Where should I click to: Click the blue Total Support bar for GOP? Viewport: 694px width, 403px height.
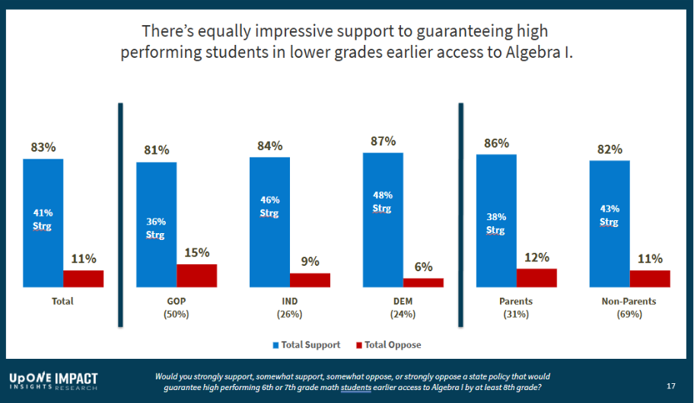point(156,224)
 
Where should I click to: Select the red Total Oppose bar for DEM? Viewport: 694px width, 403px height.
point(423,283)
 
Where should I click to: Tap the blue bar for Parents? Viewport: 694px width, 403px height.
point(496,221)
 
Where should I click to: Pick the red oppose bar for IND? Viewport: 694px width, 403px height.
point(310,280)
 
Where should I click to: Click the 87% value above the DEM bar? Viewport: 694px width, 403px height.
point(383,142)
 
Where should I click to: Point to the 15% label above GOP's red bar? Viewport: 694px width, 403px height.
point(197,253)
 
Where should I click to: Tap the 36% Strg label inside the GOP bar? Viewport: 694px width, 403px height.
point(156,228)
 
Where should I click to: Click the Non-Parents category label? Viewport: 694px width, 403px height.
point(629,302)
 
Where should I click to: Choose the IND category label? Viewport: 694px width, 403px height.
point(288,302)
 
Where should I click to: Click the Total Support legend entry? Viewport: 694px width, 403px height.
point(306,345)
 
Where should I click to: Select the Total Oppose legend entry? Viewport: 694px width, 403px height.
point(388,345)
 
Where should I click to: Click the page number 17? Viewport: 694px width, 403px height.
point(670,385)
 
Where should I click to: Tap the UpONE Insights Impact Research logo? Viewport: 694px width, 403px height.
point(53,380)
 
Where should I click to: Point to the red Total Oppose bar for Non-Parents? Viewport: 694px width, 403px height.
point(650,279)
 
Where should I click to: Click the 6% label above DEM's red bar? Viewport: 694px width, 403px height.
point(423,267)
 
